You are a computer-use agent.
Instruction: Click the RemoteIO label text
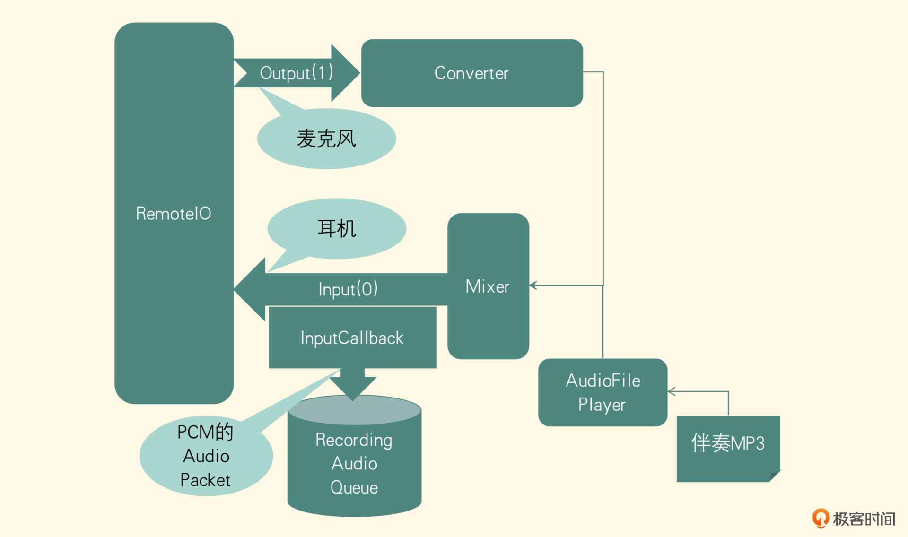(174, 214)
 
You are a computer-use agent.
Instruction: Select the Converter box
(471, 73)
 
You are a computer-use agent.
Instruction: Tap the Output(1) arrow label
(297, 73)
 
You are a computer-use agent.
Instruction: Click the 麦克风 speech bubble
(326, 139)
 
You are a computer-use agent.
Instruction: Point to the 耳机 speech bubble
(336, 229)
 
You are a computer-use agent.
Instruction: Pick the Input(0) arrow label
(348, 289)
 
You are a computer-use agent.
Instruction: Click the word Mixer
(487, 286)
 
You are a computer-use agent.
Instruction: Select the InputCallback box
(352, 338)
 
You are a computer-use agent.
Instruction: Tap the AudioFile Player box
(602, 392)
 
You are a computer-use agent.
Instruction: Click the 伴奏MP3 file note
(727, 443)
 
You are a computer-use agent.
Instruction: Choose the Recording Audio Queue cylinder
(354, 463)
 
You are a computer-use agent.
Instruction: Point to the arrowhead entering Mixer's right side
(533, 285)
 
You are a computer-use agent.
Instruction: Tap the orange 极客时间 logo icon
(821, 518)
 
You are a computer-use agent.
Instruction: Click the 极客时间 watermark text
(864, 519)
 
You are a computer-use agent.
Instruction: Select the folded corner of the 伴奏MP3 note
(775, 476)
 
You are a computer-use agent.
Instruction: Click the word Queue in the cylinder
(354, 487)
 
